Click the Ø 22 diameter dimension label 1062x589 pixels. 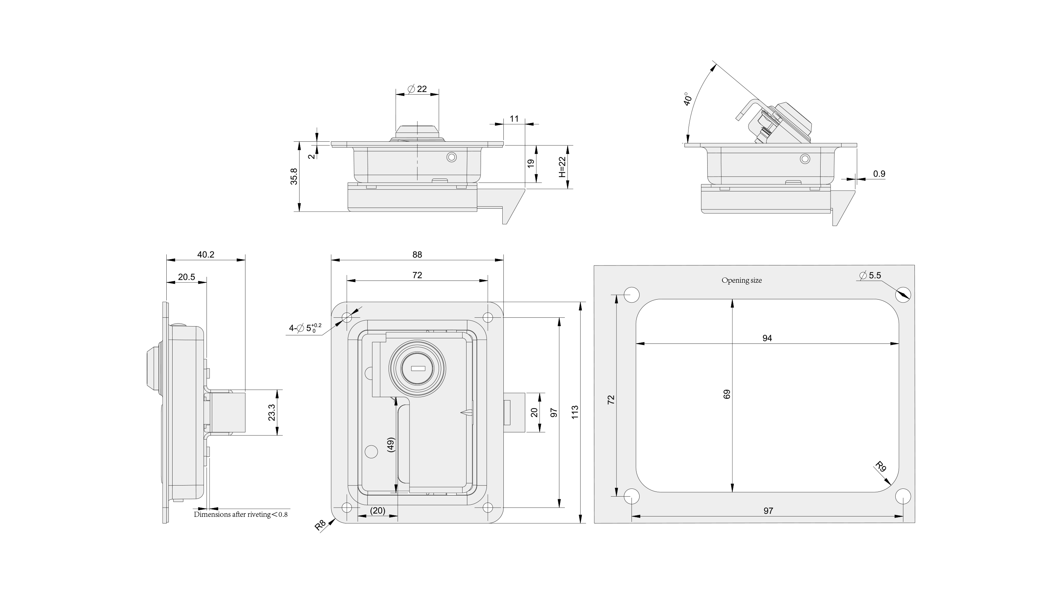coord(417,89)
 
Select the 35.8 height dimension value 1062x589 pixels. coord(294,177)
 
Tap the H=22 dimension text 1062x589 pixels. coord(563,167)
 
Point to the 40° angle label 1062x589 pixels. coord(687,99)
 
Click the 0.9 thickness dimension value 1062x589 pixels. coord(879,174)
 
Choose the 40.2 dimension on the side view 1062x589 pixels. coord(205,254)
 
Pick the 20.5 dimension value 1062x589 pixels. coord(186,277)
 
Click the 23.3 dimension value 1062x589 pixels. coord(272,412)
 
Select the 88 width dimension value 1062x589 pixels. coord(417,254)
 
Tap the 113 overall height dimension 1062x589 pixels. coord(575,412)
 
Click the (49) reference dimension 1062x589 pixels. coord(391,445)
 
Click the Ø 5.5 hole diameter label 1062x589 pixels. coord(870,275)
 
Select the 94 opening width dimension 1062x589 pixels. coord(767,338)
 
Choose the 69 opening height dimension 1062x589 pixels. coord(727,394)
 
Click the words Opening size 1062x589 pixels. coord(741,281)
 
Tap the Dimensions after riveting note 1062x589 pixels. coord(241,514)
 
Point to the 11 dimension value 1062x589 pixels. coord(514,119)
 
